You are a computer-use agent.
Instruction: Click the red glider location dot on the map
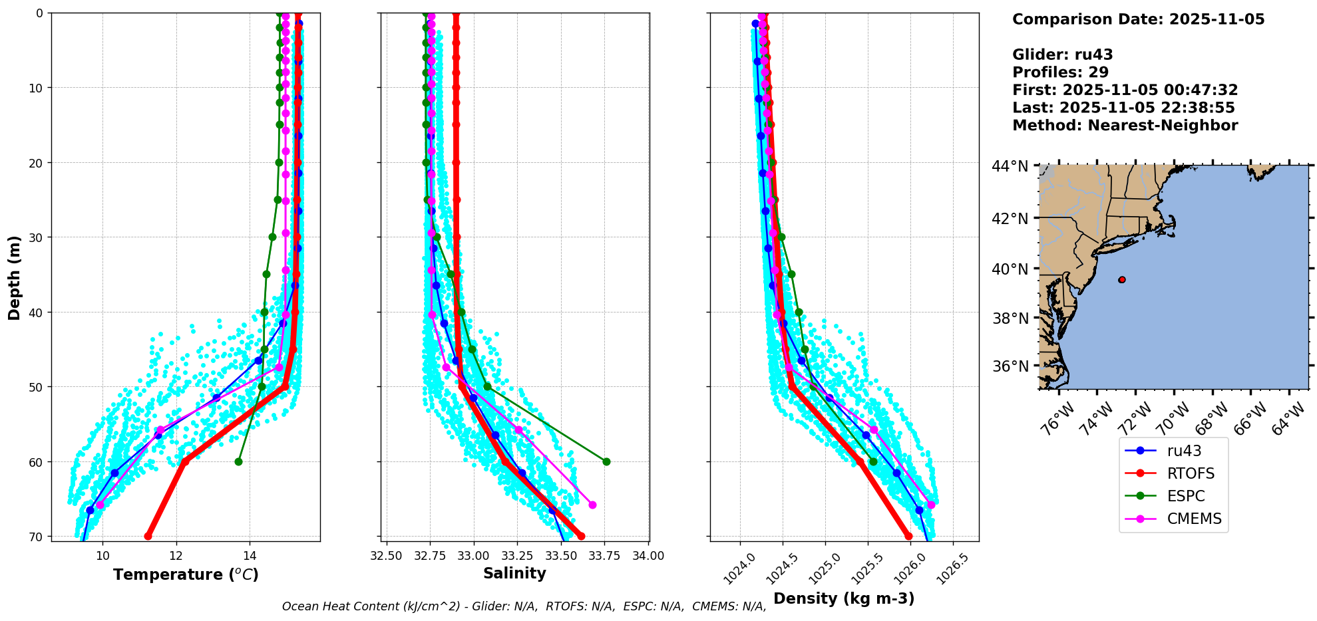(1122, 280)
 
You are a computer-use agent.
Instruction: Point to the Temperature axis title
(186, 574)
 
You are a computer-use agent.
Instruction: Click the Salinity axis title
(514, 573)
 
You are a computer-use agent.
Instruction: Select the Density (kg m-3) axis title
(844, 598)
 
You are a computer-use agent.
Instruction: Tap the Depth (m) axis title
(14, 277)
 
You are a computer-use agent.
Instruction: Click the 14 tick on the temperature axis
(250, 556)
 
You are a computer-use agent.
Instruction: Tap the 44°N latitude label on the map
(1010, 166)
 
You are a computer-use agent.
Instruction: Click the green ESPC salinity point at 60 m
(606, 461)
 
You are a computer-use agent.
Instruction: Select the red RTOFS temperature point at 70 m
(148, 536)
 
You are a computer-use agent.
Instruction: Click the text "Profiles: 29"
(1060, 72)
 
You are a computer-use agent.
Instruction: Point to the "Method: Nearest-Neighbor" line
(1125, 126)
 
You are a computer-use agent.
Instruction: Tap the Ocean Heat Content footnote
(524, 606)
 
